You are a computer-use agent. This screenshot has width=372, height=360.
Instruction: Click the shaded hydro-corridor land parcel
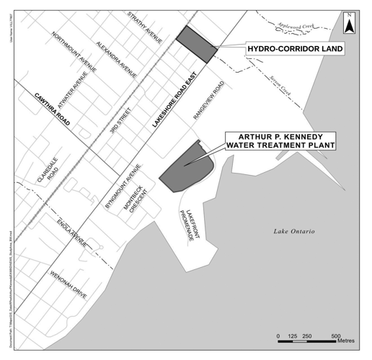(195, 44)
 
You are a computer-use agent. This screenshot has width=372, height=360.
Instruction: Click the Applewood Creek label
(297, 24)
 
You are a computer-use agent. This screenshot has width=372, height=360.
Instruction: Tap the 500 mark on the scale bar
(335, 336)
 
